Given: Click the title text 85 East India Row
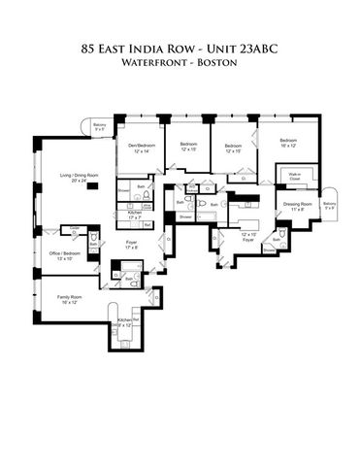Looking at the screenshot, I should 180,46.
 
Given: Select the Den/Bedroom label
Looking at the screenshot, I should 145,148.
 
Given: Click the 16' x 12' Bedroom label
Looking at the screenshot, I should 288,143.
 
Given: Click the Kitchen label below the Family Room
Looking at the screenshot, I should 126,321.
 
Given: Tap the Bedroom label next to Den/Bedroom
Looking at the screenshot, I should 188,147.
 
